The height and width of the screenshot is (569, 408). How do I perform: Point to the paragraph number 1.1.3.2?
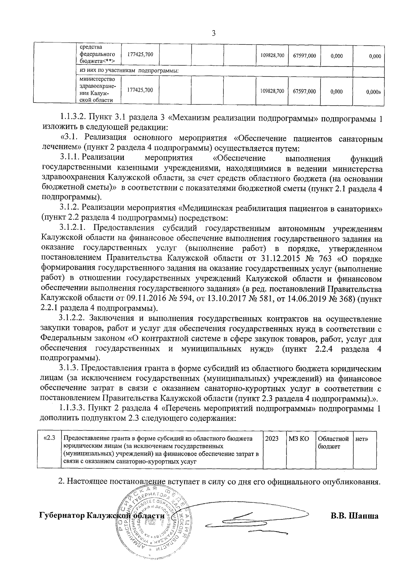[x=73, y=118]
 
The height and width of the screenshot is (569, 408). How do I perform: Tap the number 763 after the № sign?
[x=325, y=258]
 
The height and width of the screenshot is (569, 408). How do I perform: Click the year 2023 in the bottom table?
[x=272, y=439]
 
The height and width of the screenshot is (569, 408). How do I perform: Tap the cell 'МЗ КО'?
[x=299, y=439]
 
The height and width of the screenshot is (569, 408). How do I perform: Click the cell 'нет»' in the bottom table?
[x=361, y=439]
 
